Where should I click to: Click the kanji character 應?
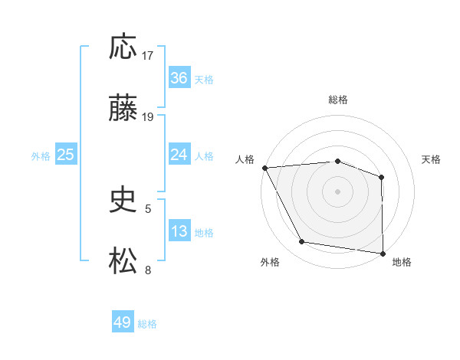pos(123,48)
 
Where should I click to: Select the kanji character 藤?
pos(123,110)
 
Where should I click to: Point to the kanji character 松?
pos(123,261)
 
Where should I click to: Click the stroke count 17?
pos(149,56)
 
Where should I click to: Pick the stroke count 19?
pos(149,117)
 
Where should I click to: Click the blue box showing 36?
pos(179,78)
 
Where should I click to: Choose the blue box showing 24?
pos(179,155)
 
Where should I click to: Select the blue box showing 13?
pos(179,231)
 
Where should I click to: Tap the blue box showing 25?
pos(66,155)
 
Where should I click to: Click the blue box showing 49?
pos(123,322)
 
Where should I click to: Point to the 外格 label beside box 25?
pos(41,155)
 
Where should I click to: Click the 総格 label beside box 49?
pos(148,324)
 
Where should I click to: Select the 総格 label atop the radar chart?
pos(337,100)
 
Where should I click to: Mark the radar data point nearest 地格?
pos(383,253)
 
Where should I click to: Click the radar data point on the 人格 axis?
pos(264,168)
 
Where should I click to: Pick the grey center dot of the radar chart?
pos(337,191)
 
